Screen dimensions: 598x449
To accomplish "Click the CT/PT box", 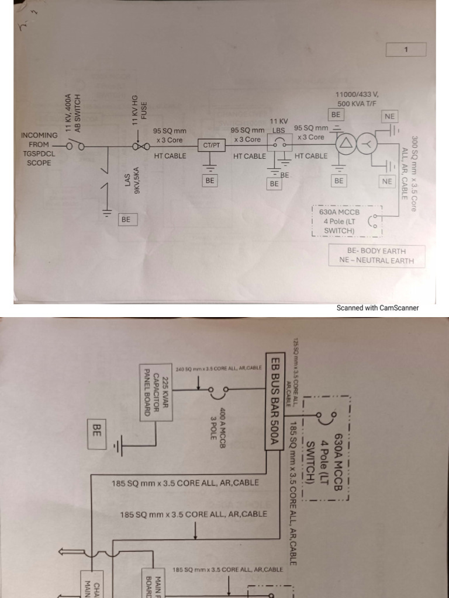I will point(210,145).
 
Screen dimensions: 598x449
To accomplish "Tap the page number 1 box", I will point(406,50).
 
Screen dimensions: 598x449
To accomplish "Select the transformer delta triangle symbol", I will point(346,144).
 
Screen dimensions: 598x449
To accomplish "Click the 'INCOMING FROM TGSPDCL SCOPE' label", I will point(39,149).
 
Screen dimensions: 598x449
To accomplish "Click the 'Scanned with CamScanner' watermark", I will point(377,308).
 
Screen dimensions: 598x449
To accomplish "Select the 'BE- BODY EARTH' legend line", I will point(377,251).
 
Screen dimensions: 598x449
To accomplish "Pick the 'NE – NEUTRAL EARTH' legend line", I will point(377,260).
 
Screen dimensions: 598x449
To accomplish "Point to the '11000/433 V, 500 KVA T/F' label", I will point(357,99).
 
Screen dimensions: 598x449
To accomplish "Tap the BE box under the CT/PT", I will point(210,181).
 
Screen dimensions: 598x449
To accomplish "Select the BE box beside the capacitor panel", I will point(97,431).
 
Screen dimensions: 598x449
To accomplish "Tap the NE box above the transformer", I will point(389,117).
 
